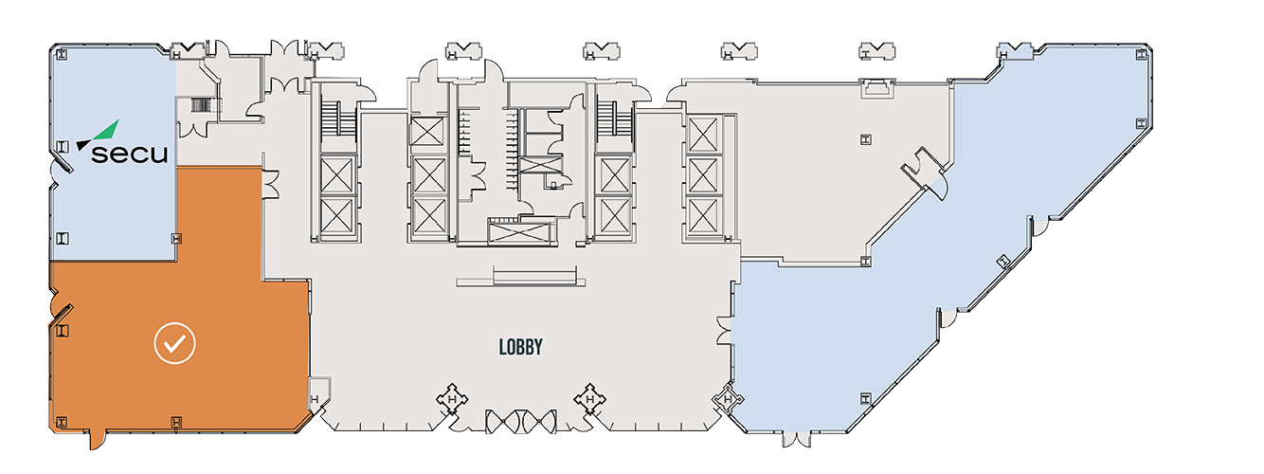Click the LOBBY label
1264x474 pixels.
(520, 347)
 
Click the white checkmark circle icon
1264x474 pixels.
(175, 344)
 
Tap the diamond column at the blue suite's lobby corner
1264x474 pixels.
(728, 401)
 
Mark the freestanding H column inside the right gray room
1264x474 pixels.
(865, 140)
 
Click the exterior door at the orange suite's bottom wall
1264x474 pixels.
(96, 438)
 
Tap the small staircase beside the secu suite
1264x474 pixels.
(200, 106)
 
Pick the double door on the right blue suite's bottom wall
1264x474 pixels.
(796, 437)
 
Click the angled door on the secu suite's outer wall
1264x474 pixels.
(63, 163)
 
